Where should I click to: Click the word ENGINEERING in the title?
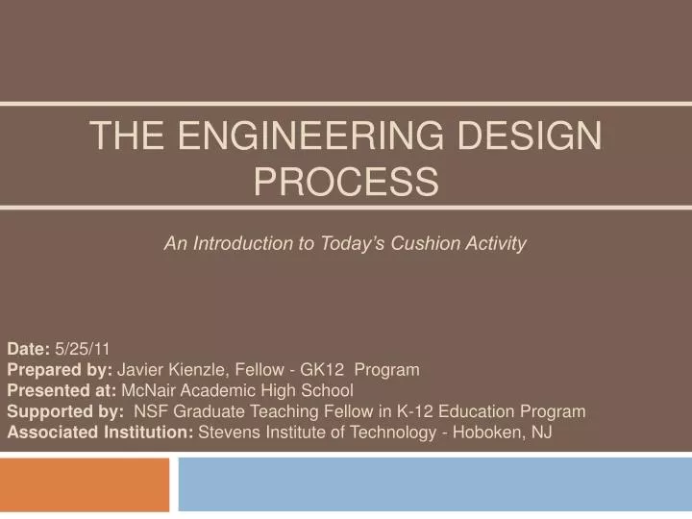coord(310,136)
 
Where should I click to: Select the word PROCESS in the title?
coord(346,181)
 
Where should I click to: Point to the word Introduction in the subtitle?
coord(244,244)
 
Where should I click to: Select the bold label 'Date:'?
coord(29,350)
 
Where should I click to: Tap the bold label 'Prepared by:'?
coord(60,370)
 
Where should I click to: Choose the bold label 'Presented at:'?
coord(62,390)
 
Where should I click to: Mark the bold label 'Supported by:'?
coord(64,411)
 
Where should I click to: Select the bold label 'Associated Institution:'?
coord(100,432)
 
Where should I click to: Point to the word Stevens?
coord(229,432)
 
